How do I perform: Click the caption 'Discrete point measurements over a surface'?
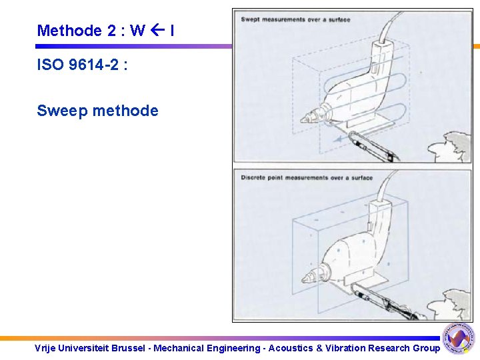(306, 178)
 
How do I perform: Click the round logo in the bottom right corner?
(459, 339)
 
